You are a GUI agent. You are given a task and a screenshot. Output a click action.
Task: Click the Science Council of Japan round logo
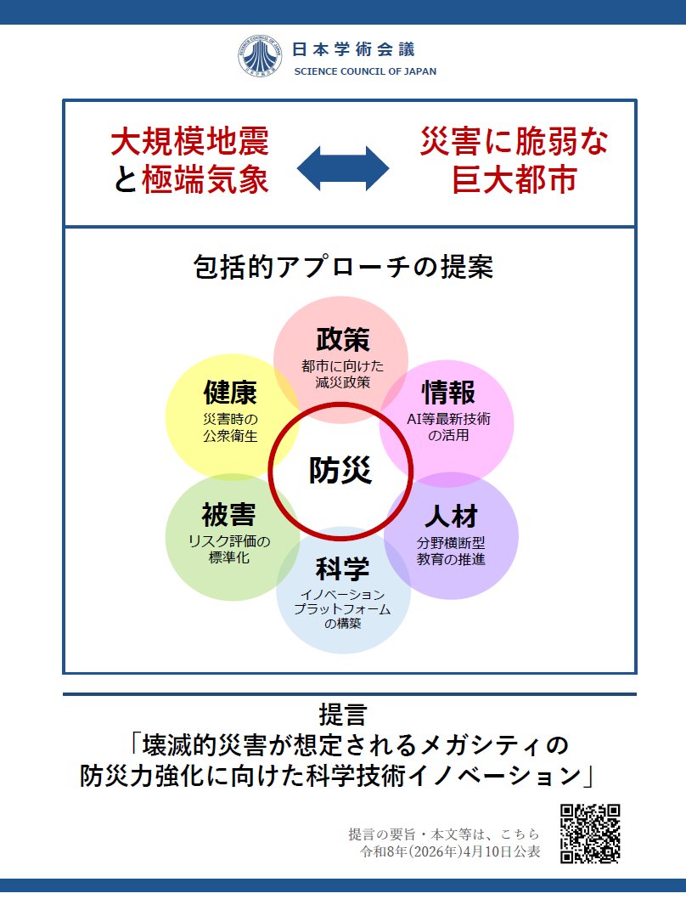(x=260, y=56)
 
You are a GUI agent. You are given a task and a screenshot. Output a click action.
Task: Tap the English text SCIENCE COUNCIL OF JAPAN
(x=365, y=71)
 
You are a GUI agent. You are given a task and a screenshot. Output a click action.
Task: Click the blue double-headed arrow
(x=343, y=168)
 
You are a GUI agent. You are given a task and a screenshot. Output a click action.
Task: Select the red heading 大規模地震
(x=190, y=141)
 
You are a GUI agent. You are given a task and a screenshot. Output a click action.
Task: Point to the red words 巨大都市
(x=514, y=179)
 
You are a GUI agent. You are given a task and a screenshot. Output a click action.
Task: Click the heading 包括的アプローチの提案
(x=343, y=267)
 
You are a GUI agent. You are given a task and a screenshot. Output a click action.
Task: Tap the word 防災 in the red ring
(x=340, y=470)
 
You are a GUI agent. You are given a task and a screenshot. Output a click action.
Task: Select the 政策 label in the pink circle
(x=343, y=339)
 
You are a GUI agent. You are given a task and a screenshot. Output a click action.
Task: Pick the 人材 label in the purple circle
(x=452, y=517)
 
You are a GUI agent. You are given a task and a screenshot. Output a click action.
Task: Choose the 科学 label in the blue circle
(x=343, y=568)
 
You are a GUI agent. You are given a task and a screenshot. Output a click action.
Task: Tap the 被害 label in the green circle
(x=229, y=515)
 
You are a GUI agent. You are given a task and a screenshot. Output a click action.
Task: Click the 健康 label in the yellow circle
(x=230, y=392)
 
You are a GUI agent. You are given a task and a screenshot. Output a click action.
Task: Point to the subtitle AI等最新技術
(x=448, y=419)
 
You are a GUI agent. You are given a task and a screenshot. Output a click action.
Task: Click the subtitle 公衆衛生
(x=230, y=436)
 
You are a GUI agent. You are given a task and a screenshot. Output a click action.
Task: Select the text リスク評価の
(x=229, y=541)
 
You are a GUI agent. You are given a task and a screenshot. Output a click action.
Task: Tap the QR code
(x=590, y=834)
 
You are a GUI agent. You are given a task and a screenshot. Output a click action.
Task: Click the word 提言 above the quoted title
(x=343, y=715)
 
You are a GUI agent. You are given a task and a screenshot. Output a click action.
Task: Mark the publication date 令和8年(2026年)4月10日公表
(x=450, y=851)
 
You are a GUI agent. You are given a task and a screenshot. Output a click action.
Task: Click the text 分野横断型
(x=451, y=543)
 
